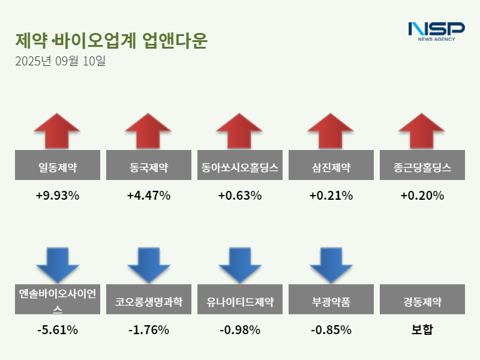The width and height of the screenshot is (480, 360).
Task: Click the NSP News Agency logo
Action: point(436,31)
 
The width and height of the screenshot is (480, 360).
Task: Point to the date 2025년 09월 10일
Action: point(60,61)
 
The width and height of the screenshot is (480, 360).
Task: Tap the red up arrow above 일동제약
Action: point(57,130)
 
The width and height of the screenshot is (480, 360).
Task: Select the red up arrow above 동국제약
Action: point(148,130)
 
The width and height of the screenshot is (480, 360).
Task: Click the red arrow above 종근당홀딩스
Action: point(422,130)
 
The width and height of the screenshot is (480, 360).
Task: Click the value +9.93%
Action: point(57,196)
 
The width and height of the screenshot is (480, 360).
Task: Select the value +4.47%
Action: point(148,196)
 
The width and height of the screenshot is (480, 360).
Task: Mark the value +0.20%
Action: point(422,196)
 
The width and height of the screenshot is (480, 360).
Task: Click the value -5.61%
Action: point(57,330)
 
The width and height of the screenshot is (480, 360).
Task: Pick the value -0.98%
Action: point(239,330)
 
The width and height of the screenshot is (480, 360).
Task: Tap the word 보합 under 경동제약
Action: point(422,330)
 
